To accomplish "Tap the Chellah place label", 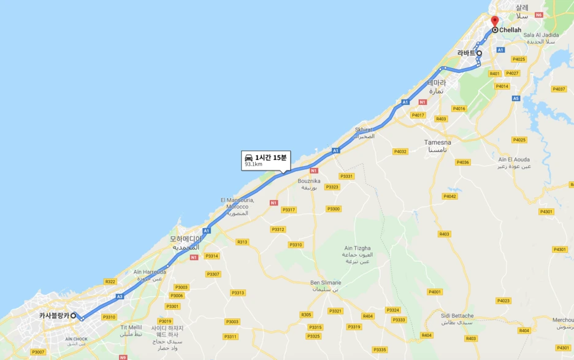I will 510,29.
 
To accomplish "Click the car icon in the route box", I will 249,158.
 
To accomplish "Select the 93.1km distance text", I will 253,164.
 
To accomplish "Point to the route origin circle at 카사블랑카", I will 73,316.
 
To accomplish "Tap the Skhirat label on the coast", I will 364,130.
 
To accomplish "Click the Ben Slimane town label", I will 325,283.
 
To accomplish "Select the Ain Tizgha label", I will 356,248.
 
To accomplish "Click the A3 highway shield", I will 120,296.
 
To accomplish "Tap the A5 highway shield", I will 516,98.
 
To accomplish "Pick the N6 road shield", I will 538,15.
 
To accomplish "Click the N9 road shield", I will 123,357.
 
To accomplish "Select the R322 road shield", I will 110,281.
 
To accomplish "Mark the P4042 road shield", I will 450,196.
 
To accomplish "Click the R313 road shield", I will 242,242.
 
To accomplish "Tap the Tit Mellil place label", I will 131,327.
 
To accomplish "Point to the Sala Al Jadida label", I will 540,35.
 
